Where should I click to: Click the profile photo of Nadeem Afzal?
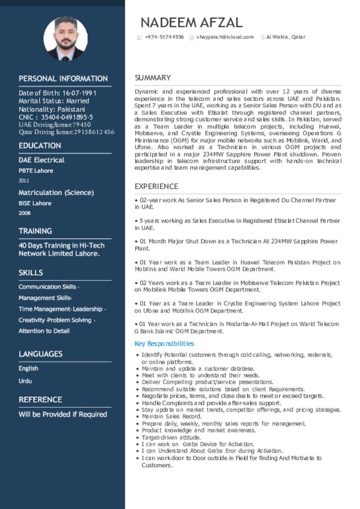tap(66, 39)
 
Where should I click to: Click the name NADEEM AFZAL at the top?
tap(191, 22)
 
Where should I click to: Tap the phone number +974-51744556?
tap(164, 37)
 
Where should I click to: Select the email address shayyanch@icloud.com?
tap(225, 37)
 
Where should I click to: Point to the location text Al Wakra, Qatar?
tap(285, 37)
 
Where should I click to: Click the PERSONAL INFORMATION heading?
tap(63, 79)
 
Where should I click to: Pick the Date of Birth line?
tap(58, 93)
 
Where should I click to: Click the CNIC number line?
tap(56, 117)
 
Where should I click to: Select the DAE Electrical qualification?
tap(42, 160)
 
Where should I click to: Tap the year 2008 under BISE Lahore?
tap(25, 213)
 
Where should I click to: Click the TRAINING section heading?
tap(35, 231)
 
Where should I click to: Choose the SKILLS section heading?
tap(31, 273)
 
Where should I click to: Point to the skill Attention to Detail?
tap(44, 331)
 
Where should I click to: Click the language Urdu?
tap(25, 381)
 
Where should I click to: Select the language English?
tap(28, 368)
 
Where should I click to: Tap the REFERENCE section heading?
tap(40, 400)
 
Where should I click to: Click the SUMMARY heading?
tap(153, 78)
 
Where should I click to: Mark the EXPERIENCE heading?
tap(156, 186)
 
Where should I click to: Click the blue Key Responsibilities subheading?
tap(164, 344)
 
